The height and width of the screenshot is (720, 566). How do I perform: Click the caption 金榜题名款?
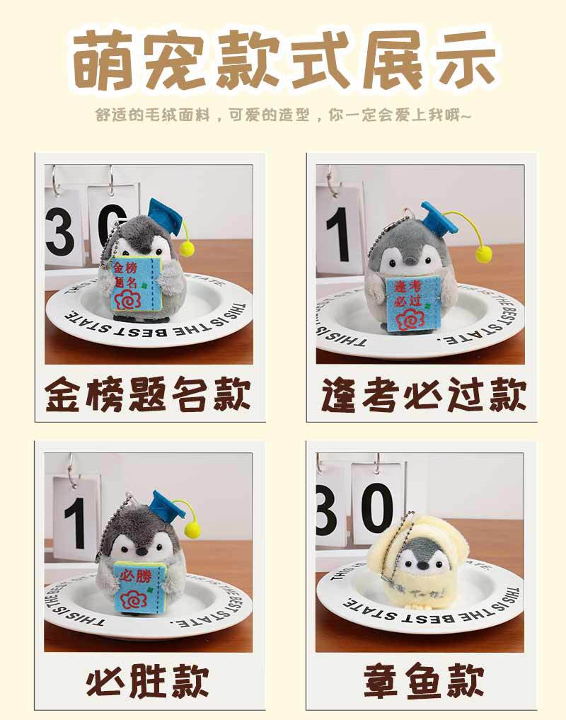(x=148, y=395)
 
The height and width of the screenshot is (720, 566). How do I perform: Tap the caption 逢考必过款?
(x=424, y=395)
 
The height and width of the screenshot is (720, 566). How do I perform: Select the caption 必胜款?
(x=148, y=682)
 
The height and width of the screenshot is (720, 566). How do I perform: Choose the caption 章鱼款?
(x=424, y=682)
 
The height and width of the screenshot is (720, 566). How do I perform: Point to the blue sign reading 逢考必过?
(x=410, y=303)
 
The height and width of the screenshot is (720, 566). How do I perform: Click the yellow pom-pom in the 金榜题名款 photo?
(x=187, y=248)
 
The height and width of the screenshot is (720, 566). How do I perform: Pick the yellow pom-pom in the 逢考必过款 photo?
(x=484, y=254)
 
